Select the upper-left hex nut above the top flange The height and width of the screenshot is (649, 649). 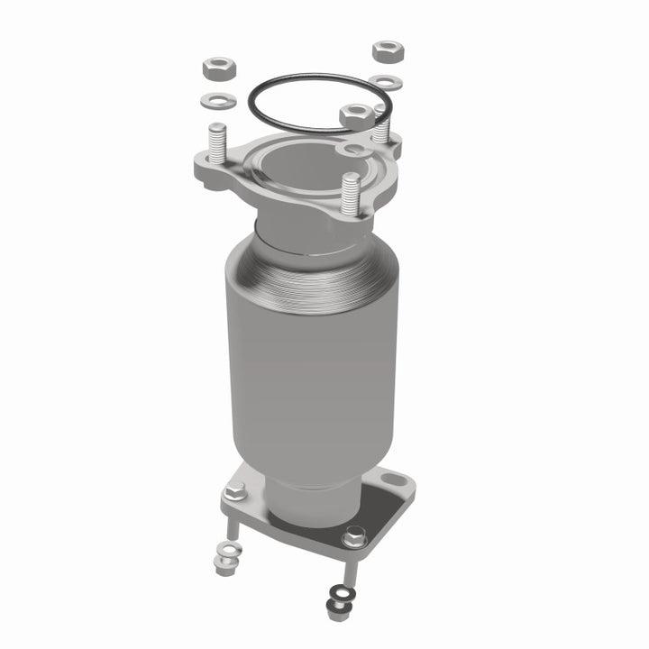[x=219, y=68]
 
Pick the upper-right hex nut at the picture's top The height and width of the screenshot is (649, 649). [x=388, y=50]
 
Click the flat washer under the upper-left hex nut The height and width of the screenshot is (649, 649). [x=220, y=98]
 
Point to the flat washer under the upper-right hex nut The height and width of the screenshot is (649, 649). [x=387, y=83]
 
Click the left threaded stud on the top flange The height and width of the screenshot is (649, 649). [x=216, y=144]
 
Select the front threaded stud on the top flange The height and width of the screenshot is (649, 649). [x=352, y=190]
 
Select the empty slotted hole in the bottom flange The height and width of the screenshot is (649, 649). [x=391, y=479]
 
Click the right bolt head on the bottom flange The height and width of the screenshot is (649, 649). [x=354, y=538]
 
